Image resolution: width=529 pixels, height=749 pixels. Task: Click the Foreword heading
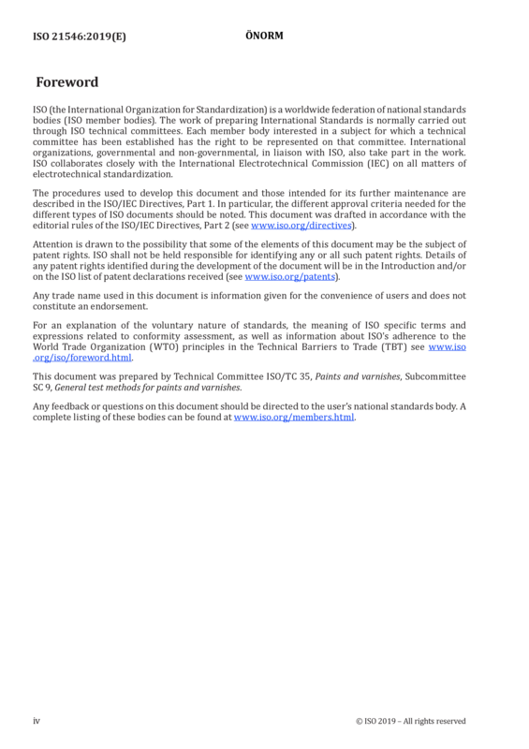[x=66, y=82]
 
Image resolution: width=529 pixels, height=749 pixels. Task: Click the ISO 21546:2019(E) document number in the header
[x=80, y=37]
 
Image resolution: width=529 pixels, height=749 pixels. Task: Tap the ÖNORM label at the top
[x=264, y=36]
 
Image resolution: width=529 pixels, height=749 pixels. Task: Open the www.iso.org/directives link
[x=301, y=225]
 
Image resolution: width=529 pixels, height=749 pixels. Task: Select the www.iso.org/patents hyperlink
[x=289, y=276]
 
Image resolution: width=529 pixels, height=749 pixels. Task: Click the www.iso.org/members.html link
[x=294, y=417]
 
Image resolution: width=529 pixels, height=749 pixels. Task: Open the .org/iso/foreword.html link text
[x=81, y=358]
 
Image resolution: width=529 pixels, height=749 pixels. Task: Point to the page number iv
[x=37, y=721]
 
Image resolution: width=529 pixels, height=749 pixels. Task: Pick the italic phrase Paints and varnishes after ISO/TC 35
[x=358, y=376]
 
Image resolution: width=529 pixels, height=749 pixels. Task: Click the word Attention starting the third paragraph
[x=52, y=244]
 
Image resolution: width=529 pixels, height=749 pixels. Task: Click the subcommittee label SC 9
[x=41, y=388]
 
